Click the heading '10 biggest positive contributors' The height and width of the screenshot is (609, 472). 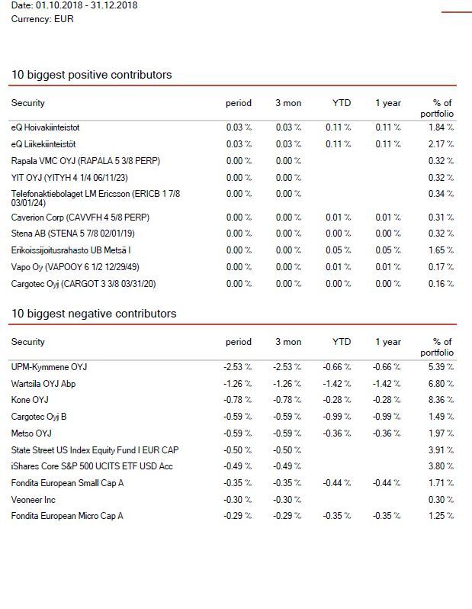coord(92,75)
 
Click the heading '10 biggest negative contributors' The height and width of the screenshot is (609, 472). coord(94,314)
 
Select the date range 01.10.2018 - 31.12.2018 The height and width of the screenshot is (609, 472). coord(87,5)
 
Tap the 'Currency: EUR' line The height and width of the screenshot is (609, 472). coord(42,19)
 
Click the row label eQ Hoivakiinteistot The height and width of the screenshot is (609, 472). coord(46,127)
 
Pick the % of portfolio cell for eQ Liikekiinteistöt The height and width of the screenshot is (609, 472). coord(441,144)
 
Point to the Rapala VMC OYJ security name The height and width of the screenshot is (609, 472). coord(85,161)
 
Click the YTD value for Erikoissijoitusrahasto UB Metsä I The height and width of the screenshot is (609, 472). coord(338,250)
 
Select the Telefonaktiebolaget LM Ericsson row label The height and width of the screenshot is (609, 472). coord(95,198)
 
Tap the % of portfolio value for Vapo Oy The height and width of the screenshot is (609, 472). coord(441,267)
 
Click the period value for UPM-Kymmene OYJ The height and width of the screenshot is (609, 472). coord(238,367)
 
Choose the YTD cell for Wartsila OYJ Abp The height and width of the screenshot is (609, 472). coord(337,384)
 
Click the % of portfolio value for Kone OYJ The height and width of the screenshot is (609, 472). coord(441,400)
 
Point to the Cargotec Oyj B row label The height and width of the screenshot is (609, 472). coord(39,417)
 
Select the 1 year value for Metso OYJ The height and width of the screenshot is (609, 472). coord(387,433)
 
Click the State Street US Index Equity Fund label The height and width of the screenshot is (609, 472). coord(95,450)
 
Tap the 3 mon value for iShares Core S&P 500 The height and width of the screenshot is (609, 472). coord(287,466)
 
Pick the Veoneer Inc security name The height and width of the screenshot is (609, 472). coord(34,500)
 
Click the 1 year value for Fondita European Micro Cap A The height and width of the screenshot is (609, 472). coord(387,516)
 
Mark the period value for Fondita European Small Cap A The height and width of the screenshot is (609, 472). coord(238,483)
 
